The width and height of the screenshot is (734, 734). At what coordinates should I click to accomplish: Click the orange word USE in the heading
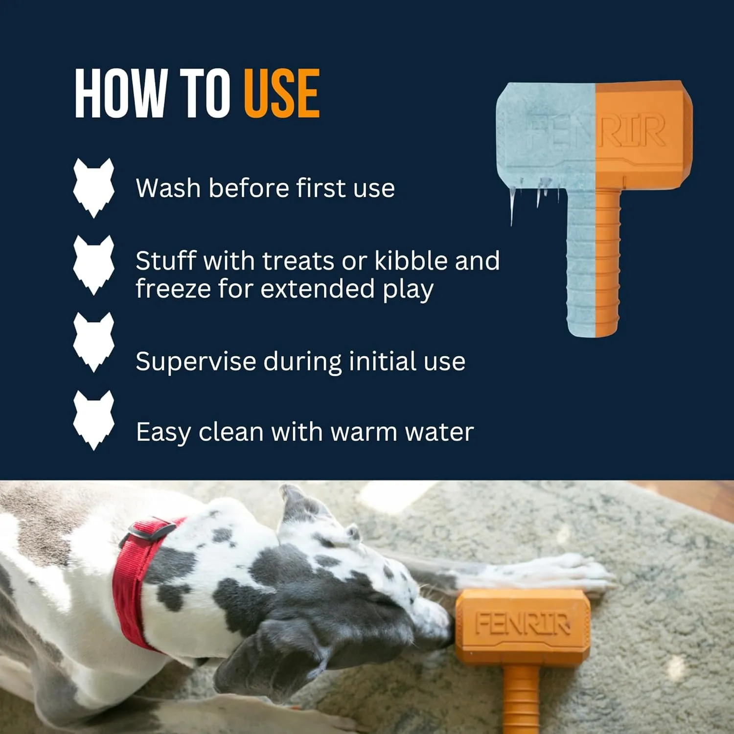pos(282,93)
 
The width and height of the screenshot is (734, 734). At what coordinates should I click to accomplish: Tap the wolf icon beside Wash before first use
pos(93,187)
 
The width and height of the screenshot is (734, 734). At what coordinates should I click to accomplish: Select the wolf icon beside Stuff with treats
pos(93,265)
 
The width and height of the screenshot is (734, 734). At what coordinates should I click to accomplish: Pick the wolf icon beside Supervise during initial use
pos(93,342)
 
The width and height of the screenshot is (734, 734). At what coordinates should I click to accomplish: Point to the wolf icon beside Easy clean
pos(93,420)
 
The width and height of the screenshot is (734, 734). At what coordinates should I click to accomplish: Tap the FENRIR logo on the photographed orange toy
pos(523,624)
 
